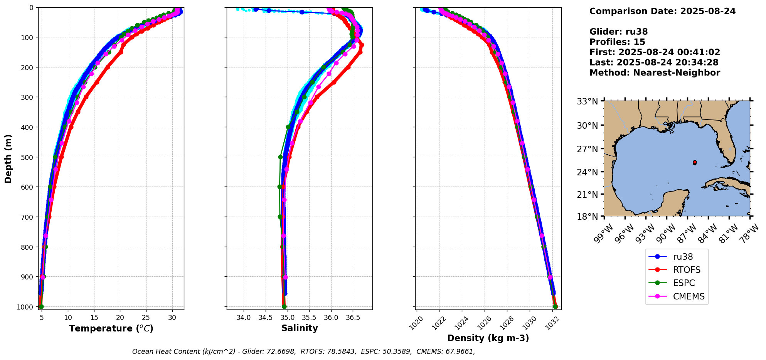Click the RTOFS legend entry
686,270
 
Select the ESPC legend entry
684,283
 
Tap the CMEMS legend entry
689,296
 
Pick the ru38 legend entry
683,257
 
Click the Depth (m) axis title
8,159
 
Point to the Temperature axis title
111,328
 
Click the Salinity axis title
300,328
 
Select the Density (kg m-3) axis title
488,338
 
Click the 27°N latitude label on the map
587,149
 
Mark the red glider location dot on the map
695,163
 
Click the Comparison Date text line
662,11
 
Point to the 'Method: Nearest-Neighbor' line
655,73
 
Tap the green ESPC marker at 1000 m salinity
284,307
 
